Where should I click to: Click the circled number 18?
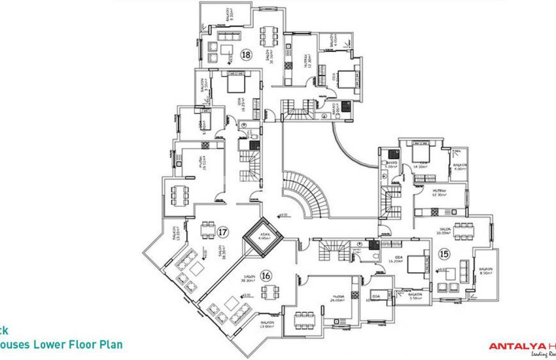click(246, 55)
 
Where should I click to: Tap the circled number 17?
click(223, 232)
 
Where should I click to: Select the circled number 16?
click(266, 275)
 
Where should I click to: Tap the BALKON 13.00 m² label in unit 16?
click(267, 325)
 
